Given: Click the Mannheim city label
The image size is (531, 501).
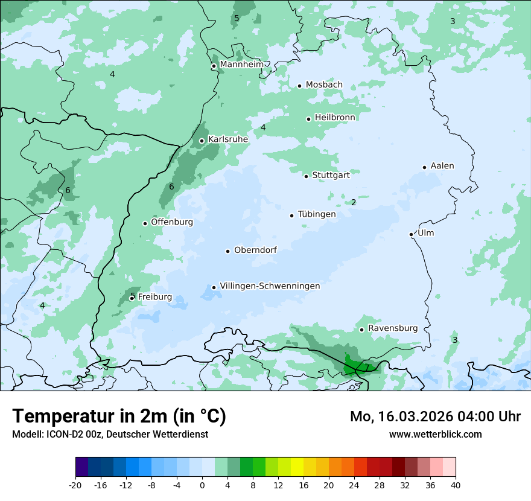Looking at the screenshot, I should click(242, 65).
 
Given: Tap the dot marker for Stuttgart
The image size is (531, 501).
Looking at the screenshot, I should click(306, 176).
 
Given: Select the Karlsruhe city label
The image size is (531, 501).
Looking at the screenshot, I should click(228, 139).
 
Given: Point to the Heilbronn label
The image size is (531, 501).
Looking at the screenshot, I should click(335, 118).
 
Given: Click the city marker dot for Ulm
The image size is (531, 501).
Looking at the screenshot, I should click(411, 234).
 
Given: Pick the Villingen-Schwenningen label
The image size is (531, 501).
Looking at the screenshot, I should click(270, 286).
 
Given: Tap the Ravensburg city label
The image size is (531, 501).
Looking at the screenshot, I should click(393, 328).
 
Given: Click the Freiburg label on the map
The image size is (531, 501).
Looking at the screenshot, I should click(154, 297).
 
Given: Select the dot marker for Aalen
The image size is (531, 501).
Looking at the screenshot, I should click(424, 167).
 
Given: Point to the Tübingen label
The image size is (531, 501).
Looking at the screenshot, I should click(317, 214).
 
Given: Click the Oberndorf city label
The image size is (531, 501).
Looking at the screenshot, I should click(255, 250).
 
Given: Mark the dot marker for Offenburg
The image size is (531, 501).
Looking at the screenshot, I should click(145, 223).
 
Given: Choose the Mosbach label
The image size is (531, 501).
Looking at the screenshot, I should click(324, 85).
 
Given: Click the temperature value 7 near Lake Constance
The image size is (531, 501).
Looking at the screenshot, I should click(366, 368).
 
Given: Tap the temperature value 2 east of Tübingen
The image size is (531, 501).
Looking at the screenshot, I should click(354, 202).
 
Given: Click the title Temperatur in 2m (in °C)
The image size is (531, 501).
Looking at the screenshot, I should click(119, 416).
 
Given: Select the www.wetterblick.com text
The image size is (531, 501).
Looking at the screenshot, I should click(435, 434).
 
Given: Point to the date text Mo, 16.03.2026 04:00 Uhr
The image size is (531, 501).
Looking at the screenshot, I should click(435, 416).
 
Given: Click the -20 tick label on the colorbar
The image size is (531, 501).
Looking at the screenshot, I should click(75, 485).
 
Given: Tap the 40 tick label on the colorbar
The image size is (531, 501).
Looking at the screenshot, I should click(456, 485).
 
